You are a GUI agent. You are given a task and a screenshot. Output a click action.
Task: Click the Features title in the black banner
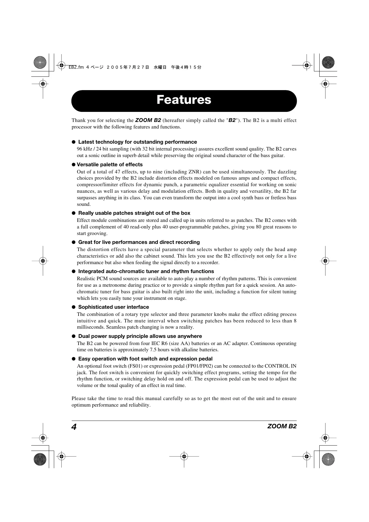point(184,100)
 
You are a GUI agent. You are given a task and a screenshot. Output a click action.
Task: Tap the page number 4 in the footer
point(74,427)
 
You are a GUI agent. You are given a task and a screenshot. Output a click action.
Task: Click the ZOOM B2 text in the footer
point(282,426)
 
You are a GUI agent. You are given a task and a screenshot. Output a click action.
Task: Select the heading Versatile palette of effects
point(110,164)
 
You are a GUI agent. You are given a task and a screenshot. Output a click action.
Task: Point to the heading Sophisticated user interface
point(113,307)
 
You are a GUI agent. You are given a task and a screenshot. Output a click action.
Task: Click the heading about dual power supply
point(140,336)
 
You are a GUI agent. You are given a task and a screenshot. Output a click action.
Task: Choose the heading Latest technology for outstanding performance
point(137,142)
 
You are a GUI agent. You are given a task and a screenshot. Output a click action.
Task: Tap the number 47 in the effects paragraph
point(118,172)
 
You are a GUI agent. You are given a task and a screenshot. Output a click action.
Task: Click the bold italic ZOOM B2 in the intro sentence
point(148,120)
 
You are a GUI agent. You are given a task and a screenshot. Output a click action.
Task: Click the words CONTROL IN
point(280,366)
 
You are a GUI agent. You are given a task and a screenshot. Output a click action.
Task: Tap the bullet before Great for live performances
point(74,242)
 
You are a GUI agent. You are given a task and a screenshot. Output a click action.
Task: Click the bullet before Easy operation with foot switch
point(74,359)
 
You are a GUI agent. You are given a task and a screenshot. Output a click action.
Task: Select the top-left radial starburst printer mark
point(40,62)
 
